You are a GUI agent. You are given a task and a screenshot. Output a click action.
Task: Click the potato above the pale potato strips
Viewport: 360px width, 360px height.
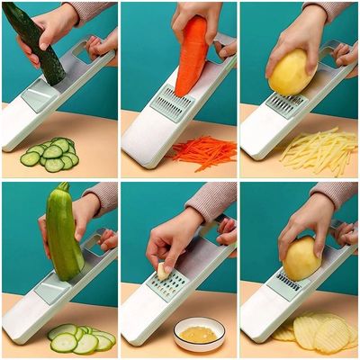click(292, 72)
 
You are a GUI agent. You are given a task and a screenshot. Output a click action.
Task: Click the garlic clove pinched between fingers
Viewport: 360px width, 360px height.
click(163, 269)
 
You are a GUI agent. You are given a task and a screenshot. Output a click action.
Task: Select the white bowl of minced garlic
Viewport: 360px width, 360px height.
click(199, 334)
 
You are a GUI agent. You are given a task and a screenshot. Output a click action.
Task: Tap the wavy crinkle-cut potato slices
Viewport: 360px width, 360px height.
click(319, 331)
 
